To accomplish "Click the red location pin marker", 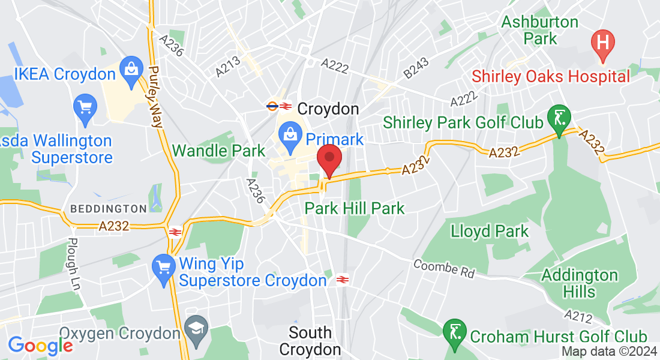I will click(x=329, y=159).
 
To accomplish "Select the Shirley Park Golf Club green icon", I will click(x=559, y=119).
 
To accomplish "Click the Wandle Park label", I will click(x=218, y=151).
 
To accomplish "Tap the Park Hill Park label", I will click(x=355, y=209).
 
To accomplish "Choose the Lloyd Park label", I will click(x=490, y=231).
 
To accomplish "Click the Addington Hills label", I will click(x=579, y=283).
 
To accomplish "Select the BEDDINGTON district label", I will click(x=109, y=209).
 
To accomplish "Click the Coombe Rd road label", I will click(x=444, y=269).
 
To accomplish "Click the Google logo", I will click(x=40, y=345).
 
